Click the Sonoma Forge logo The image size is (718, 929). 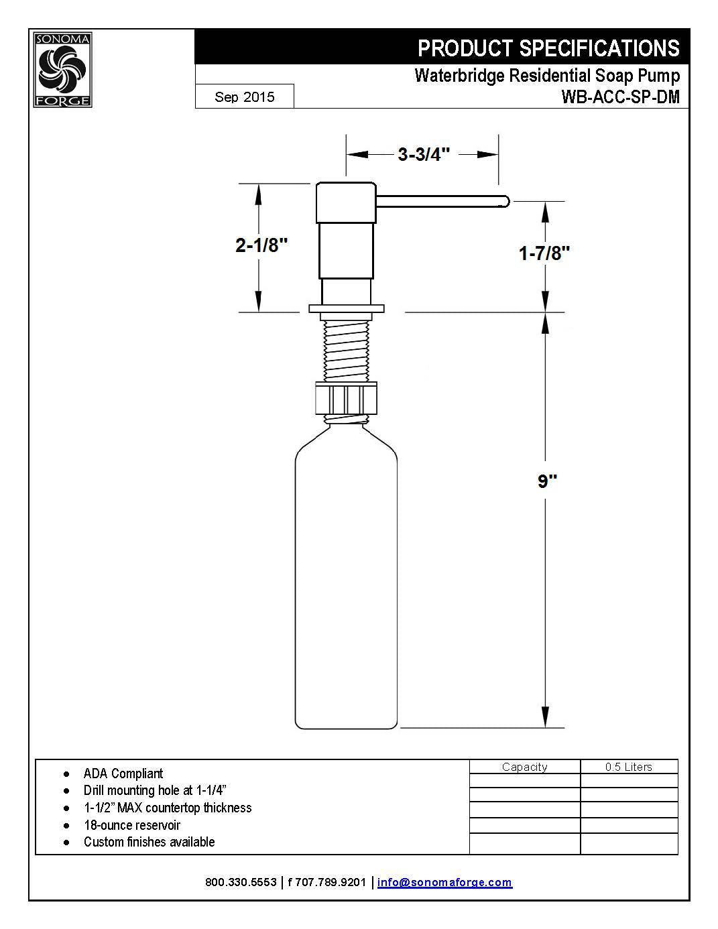click(x=62, y=70)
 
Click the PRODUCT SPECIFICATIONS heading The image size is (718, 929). click(x=548, y=48)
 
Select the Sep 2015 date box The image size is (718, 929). click(x=245, y=97)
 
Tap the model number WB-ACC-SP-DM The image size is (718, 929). click(x=620, y=97)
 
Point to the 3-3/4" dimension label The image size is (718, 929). click(x=423, y=154)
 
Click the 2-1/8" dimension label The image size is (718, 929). click(x=261, y=245)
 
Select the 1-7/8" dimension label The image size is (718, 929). click(x=544, y=253)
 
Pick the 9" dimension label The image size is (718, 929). click(x=547, y=481)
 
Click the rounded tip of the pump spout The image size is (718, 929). click(x=505, y=201)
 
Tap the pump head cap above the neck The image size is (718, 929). click(x=346, y=202)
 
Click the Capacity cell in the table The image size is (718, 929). click(x=524, y=767)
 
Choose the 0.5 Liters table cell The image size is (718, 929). click(x=628, y=767)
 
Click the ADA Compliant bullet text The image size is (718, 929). click(x=123, y=773)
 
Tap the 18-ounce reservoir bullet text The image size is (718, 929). click(x=132, y=825)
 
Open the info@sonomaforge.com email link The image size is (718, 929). click(x=444, y=882)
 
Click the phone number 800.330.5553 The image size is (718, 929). click(x=241, y=882)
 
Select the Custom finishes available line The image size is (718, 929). click(x=149, y=842)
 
